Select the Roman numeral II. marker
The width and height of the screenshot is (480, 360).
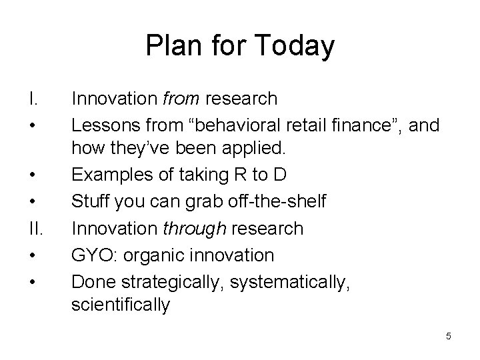[36, 229]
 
